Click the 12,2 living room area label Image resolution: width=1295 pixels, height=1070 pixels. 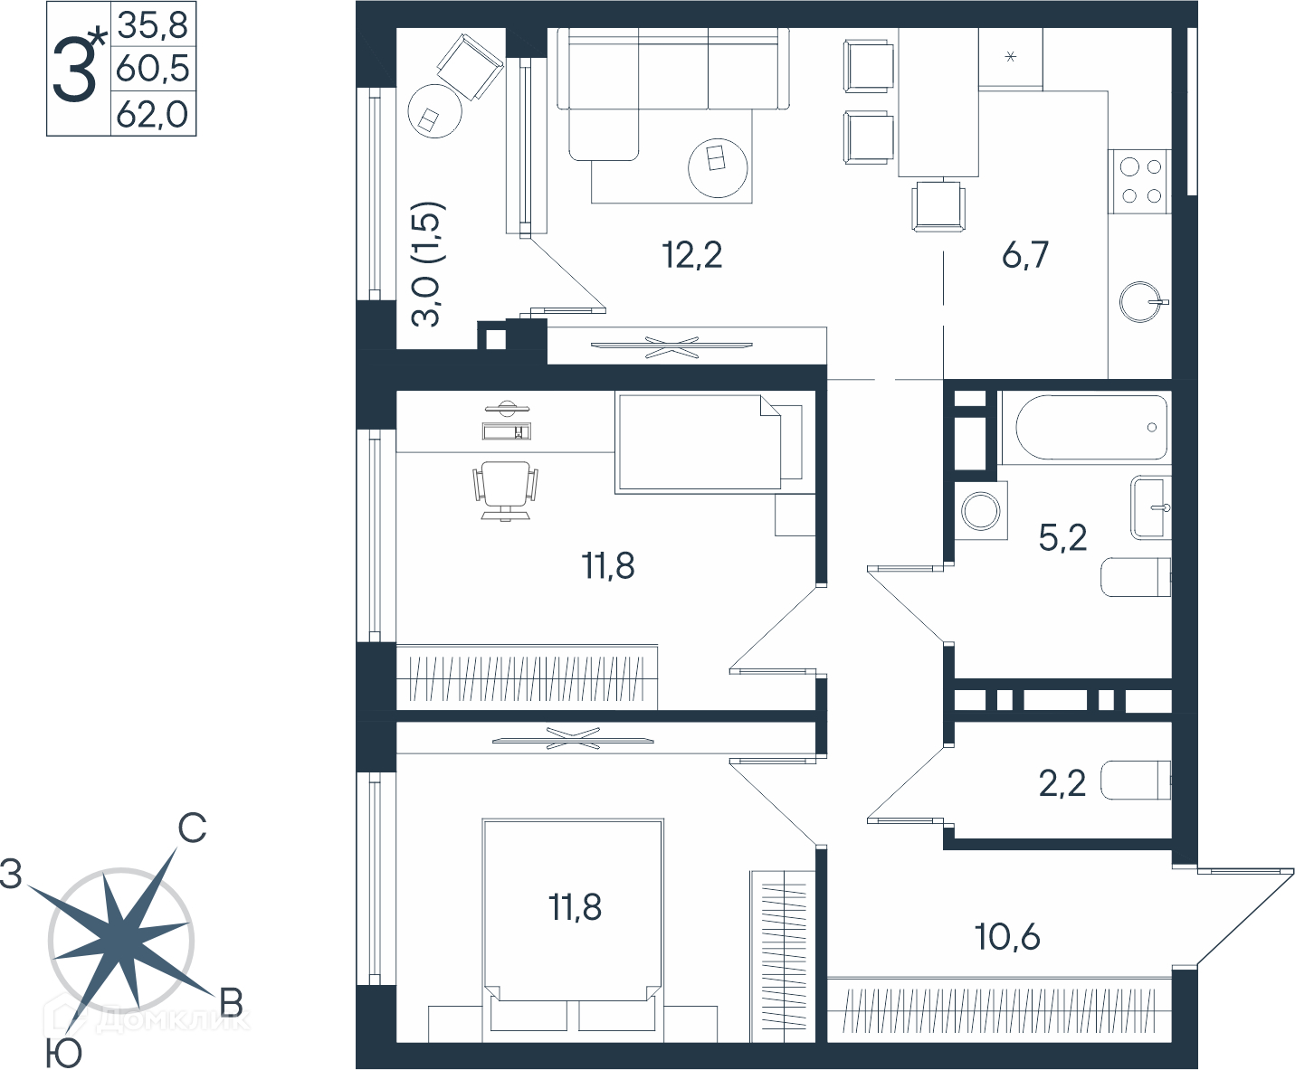tap(692, 255)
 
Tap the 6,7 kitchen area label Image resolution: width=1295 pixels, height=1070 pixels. tap(1025, 255)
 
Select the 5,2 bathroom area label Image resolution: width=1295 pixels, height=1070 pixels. tap(1063, 537)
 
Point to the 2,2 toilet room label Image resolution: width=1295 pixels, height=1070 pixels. tap(1062, 783)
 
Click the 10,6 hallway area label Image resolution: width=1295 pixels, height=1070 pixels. tap(1008, 937)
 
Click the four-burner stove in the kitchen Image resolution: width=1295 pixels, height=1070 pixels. tap(1140, 182)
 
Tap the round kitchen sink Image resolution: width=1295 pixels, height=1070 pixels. tap(1141, 302)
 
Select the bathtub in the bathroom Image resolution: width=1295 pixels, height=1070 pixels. tap(1091, 427)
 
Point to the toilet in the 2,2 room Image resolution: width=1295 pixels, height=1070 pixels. tap(1136, 780)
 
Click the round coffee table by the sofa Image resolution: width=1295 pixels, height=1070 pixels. tap(718, 168)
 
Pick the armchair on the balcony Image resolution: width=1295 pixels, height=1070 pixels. tap(470, 66)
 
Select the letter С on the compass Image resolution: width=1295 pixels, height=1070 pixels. tap(192, 829)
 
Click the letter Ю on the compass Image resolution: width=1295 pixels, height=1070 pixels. tap(64, 1053)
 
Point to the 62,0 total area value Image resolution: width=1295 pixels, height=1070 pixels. tap(153, 115)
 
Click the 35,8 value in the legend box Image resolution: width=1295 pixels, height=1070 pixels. tap(153, 26)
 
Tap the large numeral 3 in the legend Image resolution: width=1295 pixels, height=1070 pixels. tap(75, 69)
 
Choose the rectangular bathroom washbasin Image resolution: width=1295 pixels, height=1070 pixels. tap(1150, 507)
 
